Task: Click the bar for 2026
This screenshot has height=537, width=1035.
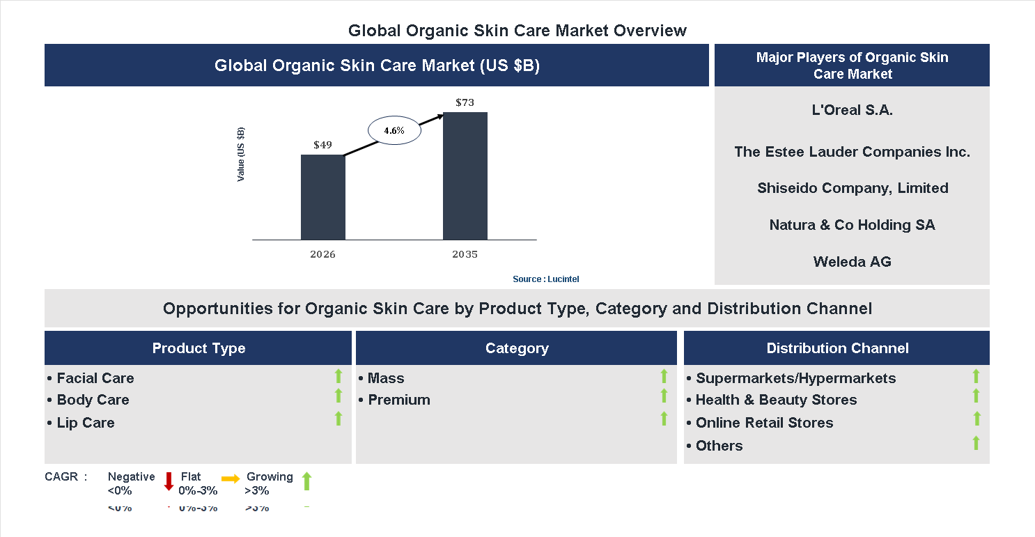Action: point(322,197)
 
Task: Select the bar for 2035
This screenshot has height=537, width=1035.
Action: point(465,176)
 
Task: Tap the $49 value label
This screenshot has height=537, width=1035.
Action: point(322,145)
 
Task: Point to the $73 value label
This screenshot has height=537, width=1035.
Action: point(465,102)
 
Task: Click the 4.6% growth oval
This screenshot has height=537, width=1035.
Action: point(394,130)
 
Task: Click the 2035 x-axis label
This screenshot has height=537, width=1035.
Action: point(465,254)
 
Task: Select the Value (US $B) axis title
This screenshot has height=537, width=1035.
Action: point(241,155)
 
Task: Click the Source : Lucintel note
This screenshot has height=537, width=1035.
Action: point(545,279)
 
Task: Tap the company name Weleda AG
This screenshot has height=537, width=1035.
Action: point(852,262)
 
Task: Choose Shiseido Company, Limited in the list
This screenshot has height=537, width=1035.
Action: point(852,188)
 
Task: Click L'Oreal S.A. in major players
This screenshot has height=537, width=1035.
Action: point(852,109)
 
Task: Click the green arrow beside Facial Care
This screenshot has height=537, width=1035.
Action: point(338,376)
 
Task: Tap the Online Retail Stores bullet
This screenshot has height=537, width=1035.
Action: point(763,423)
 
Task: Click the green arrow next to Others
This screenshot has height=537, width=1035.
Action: point(976,442)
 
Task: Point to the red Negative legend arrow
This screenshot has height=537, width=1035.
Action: point(168,481)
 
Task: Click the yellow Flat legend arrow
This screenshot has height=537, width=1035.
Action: point(230,478)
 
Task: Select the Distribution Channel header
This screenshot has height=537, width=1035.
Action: point(837,348)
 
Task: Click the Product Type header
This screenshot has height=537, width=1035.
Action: point(199,348)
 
